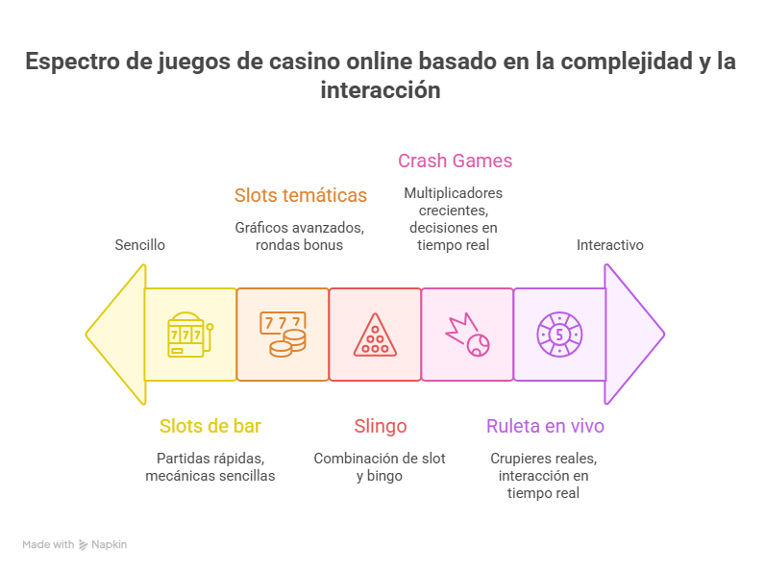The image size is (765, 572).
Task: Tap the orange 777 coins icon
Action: [x=283, y=335]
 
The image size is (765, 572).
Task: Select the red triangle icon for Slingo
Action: [x=375, y=335]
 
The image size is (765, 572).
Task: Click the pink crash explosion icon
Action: [x=467, y=335]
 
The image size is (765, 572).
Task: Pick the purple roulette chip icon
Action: [x=559, y=335]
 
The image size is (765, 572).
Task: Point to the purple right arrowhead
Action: [x=633, y=335]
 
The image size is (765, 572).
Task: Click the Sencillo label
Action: [x=140, y=244]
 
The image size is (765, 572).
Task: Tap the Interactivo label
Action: [x=610, y=244]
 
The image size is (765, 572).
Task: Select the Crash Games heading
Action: [x=456, y=161]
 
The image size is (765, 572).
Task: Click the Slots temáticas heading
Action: [x=301, y=195]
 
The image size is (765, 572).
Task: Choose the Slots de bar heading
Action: [x=210, y=426]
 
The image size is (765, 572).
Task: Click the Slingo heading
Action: [x=381, y=426]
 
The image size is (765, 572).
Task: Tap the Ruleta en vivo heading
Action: [x=546, y=426]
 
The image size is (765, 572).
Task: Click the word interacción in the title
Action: [x=381, y=89]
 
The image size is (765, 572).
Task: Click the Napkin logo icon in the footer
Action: [x=84, y=545]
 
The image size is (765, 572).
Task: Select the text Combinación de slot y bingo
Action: [x=380, y=467]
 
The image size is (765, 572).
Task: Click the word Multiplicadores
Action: [x=454, y=193]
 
